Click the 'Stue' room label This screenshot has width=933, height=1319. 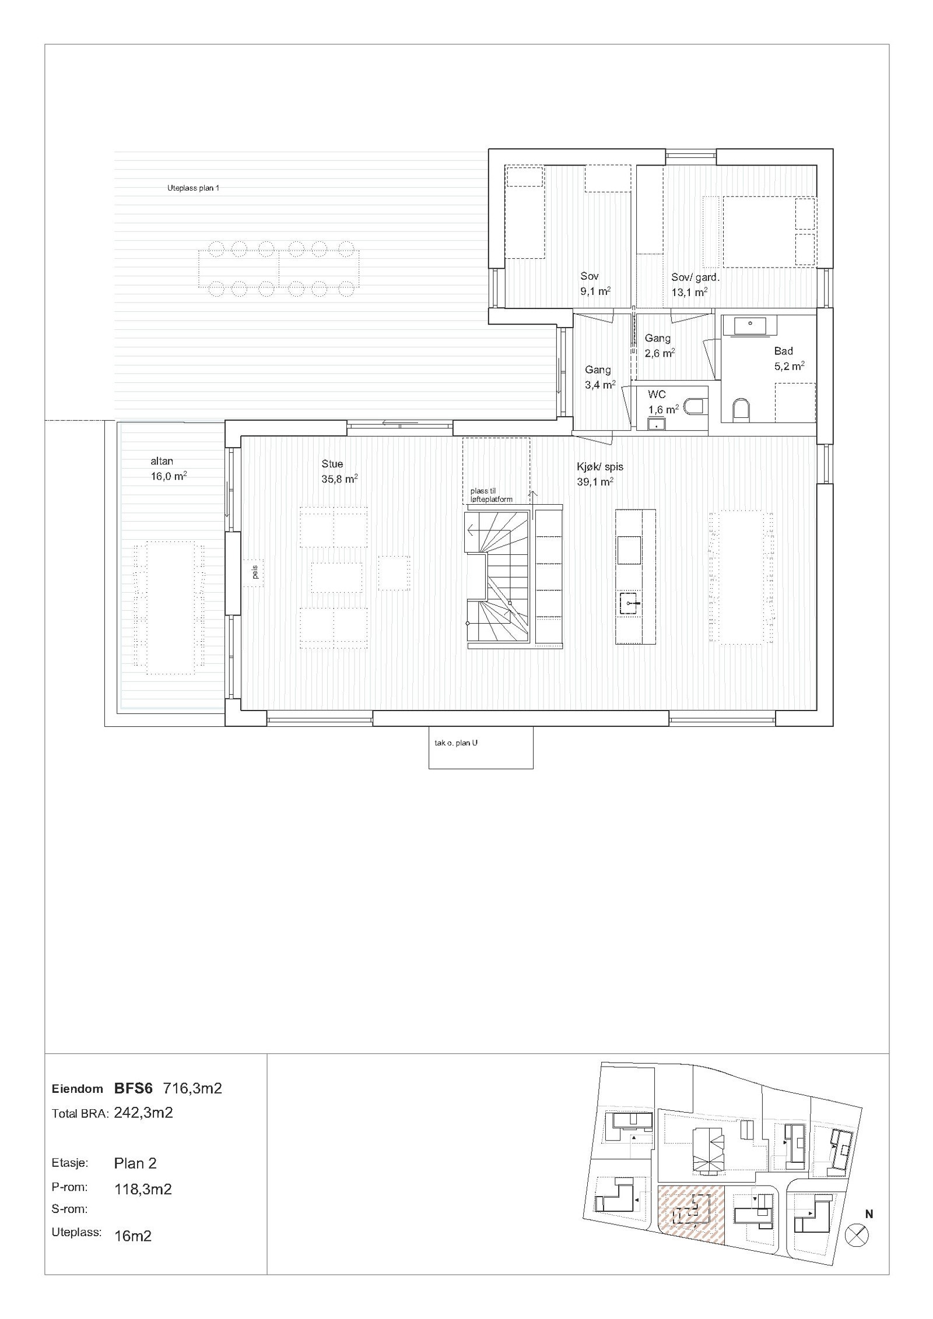point(332,464)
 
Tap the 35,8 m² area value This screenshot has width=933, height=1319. point(339,479)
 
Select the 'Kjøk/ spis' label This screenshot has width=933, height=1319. point(599,467)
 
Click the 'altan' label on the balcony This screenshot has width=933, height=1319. point(162,461)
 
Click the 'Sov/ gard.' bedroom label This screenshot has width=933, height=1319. point(695,277)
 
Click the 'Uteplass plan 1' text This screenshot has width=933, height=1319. point(193,188)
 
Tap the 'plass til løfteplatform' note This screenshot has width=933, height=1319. point(491,495)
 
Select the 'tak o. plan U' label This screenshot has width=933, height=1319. point(456,743)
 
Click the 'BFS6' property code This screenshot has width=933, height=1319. point(134,1088)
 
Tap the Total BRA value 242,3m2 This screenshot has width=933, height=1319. point(143,1113)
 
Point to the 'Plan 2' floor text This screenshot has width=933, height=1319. point(135,1163)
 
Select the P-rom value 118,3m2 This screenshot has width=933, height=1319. point(143,1190)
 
